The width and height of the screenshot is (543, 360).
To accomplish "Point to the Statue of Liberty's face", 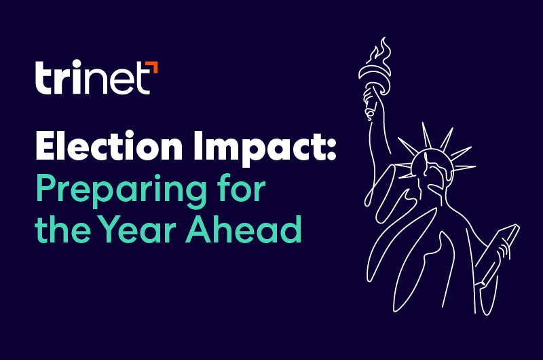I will (432, 170).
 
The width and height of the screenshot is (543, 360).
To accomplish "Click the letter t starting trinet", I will (42, 79).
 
